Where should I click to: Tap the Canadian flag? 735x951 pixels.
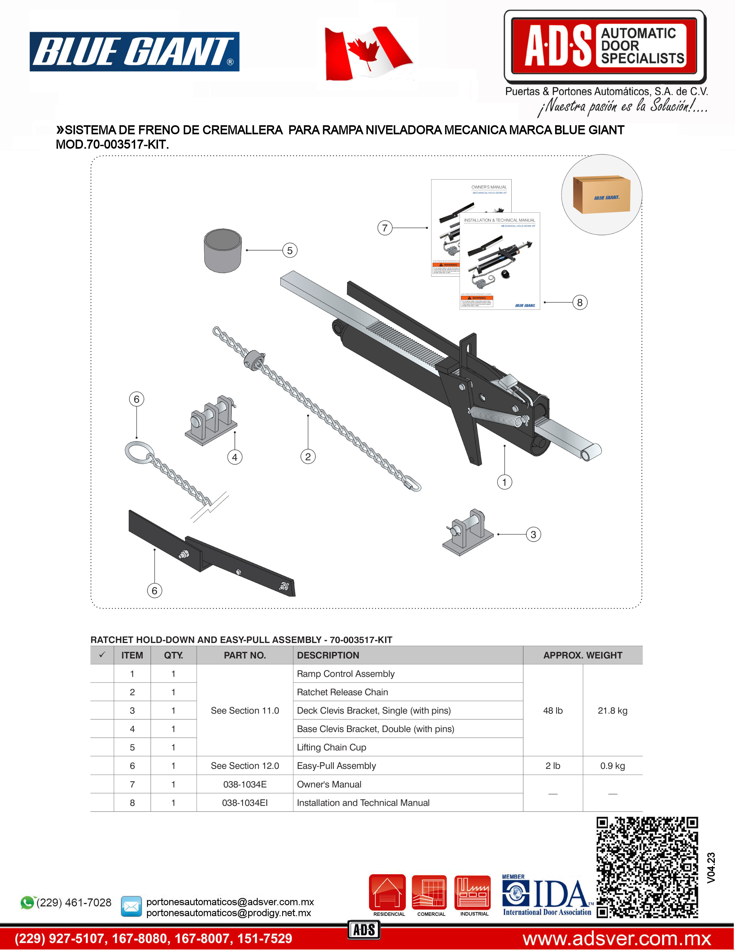(368, 53)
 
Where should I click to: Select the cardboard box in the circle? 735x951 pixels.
(601, 195)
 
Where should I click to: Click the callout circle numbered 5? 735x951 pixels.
(290, 250)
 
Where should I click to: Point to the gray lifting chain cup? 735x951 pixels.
(223, 250)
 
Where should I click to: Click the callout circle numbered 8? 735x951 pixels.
(580, 302)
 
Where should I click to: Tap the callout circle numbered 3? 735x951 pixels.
(533, 534)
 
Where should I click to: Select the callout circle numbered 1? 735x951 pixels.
(504, 482)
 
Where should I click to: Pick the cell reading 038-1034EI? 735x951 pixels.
(245, 803)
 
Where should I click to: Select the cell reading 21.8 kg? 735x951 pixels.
(612, 710)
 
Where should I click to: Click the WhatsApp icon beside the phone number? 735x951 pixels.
(27, 903)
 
